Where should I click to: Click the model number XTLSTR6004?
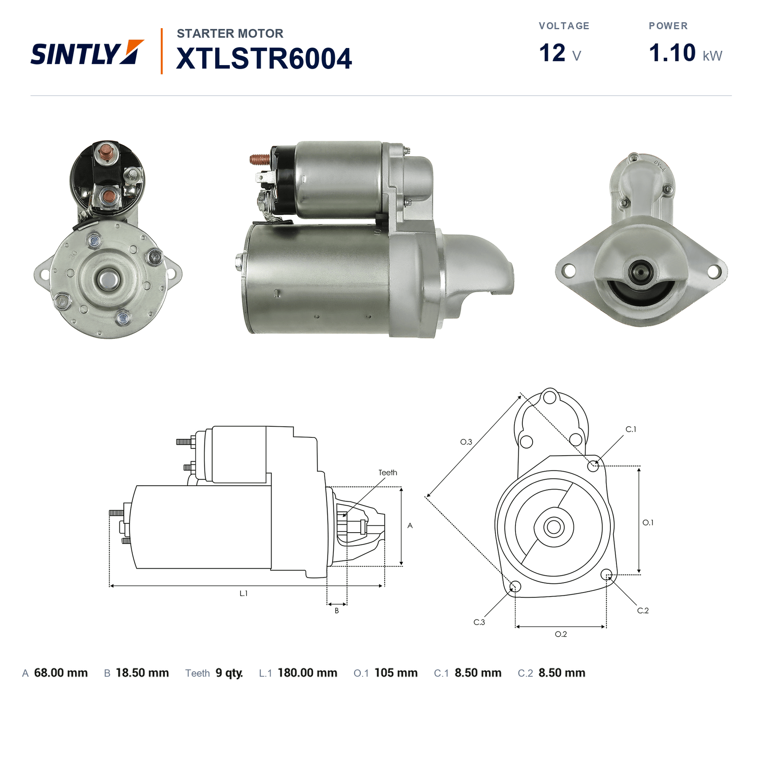[x=264, y=59]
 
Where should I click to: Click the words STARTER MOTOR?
[x=230, y=33]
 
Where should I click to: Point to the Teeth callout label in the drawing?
[x=388, y=473]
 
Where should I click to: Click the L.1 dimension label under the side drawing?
[x=244, y=593]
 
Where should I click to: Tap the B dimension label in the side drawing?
[x=337, y=611]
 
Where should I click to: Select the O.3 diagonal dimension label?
[x=466, y=442]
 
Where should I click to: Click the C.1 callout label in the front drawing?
[x=631, y=429]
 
